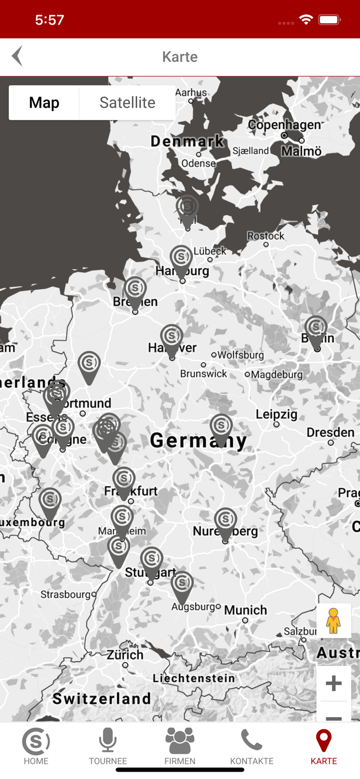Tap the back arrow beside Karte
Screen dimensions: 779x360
click(18, 56)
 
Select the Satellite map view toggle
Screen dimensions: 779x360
click(127, 103)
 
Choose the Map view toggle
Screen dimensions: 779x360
click(44, 103)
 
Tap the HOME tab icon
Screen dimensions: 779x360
click(36, 747)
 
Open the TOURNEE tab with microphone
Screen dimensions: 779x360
click(108, 747)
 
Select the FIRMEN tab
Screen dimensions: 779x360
click(180, 747)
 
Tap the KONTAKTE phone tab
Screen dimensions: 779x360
click(252, 747)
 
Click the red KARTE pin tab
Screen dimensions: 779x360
click(324, 747)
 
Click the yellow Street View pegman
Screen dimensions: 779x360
click(334, 621)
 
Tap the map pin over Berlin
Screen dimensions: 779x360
click(316, 329)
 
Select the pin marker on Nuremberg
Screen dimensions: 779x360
click(225, 521)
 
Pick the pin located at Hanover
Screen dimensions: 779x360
click(171, 338)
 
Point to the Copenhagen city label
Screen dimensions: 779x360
click(284, 125)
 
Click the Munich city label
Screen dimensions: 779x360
click(246, 610)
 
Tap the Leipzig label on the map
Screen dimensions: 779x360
click(276, 414)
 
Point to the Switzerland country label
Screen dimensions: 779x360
click(101, 699)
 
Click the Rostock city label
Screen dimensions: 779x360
click(266, 236)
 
